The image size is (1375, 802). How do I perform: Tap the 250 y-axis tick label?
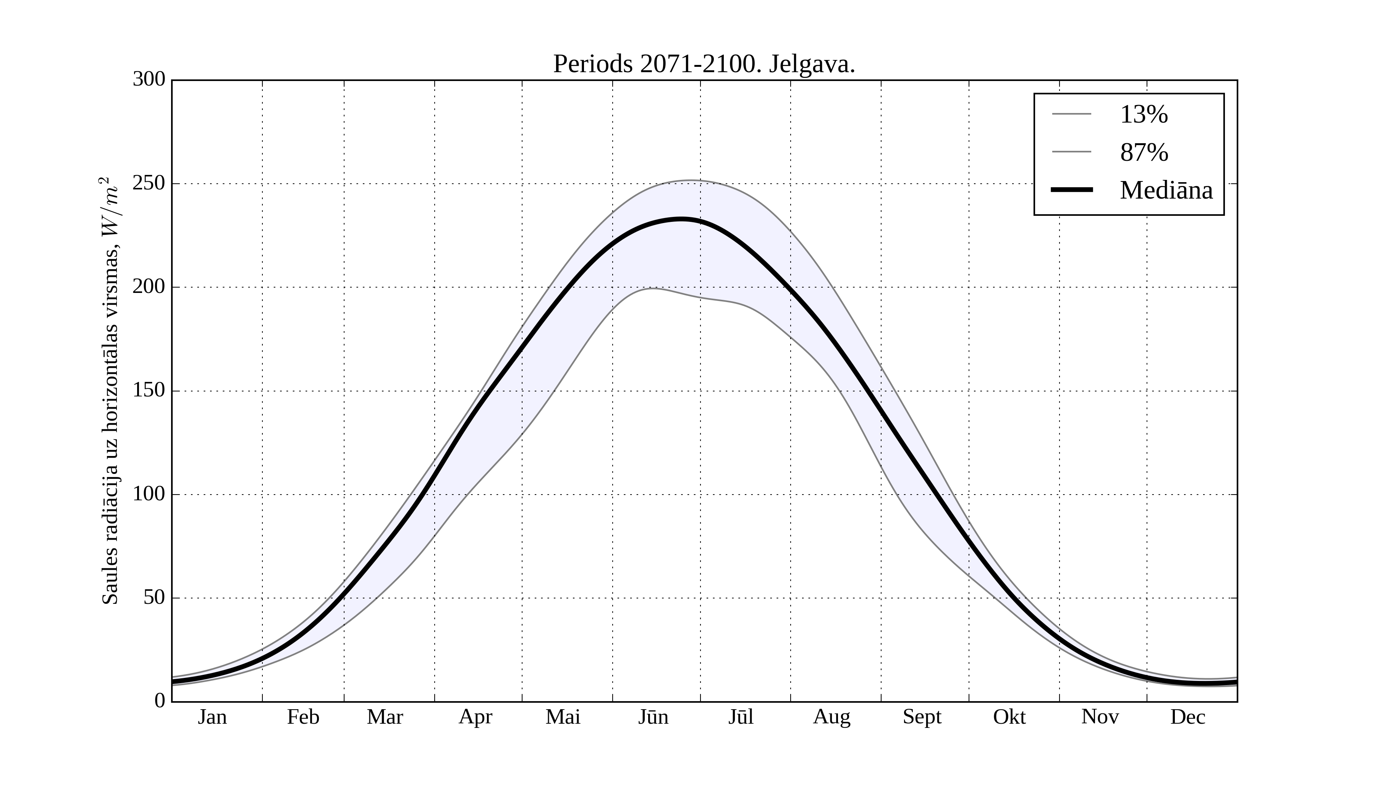coord(149,183)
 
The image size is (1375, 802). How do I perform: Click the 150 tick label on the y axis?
coord(149,391)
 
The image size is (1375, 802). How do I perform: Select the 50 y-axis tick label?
coord(154,598)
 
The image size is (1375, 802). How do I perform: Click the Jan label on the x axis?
coord(212,717)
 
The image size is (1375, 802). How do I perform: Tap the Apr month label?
coord(475,717)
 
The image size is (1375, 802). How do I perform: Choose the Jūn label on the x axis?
coord(653,717)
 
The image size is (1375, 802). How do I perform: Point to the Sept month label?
coord(922,717)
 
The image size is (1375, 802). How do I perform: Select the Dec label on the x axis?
coord(1188,717)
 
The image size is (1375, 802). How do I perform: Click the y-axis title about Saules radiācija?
coord(110,391)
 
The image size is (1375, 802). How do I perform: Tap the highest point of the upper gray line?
coord(691,180)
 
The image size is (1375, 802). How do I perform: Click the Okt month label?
coord(1009,717)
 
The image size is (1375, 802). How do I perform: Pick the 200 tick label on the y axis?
coord(149,287)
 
